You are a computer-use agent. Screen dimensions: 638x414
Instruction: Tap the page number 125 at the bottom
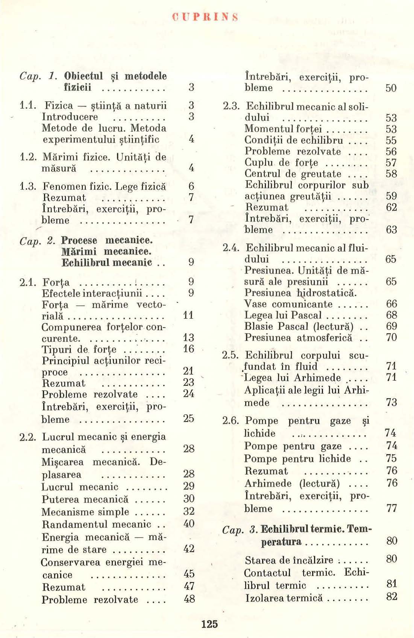209,624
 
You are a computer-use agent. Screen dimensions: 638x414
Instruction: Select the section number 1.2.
28,156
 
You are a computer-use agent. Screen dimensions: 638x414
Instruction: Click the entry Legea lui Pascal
283,315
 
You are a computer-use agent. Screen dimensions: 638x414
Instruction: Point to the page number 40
189,523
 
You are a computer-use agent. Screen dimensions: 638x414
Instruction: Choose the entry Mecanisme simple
85,512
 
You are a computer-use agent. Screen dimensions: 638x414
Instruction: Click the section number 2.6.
231,420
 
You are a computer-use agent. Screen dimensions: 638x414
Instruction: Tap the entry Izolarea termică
284,597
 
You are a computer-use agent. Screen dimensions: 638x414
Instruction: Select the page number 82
391,596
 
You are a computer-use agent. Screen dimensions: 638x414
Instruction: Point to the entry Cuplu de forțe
281,163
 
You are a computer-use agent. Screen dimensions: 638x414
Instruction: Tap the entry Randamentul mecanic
96,524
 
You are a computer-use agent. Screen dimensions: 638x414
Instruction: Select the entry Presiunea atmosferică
298,338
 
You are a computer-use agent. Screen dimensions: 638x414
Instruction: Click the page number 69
391,326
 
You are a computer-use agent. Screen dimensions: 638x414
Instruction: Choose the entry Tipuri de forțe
79,349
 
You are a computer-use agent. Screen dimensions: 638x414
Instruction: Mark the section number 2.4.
231,248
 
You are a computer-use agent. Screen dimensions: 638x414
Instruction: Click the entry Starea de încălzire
289,560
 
